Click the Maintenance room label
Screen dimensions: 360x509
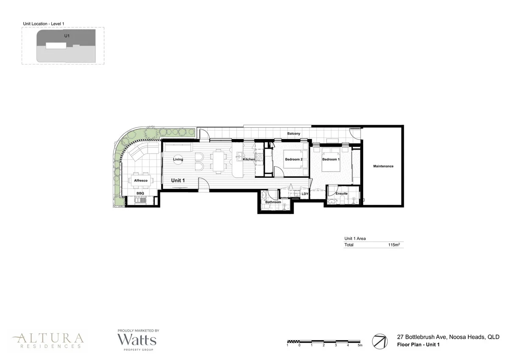click(x=383, y=166)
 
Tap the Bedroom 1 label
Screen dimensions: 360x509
click(x=331, y=159)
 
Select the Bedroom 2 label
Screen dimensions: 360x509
click(x=294, y=159)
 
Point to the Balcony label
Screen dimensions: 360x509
click(x=294, y=134)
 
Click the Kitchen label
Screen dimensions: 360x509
click(x=249, y=159)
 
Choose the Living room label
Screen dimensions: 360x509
click(x=178, y=159)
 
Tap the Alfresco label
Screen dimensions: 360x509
click(x=140, y=181)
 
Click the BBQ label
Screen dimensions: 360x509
click(x=140, y=193)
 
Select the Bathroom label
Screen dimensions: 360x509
click(x=273, y=202)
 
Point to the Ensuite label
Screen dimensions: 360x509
click(x=341, y=194)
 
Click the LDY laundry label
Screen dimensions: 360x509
click(x=305, y=194)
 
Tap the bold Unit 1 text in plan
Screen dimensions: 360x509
click(x=178, y=181)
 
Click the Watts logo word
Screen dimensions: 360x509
click(x=137, y=340)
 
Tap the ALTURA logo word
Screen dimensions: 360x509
click(x=48, y=338)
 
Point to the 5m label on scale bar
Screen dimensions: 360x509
click(x=360, y=346)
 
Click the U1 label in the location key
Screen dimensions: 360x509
click(x=67, y=36)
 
